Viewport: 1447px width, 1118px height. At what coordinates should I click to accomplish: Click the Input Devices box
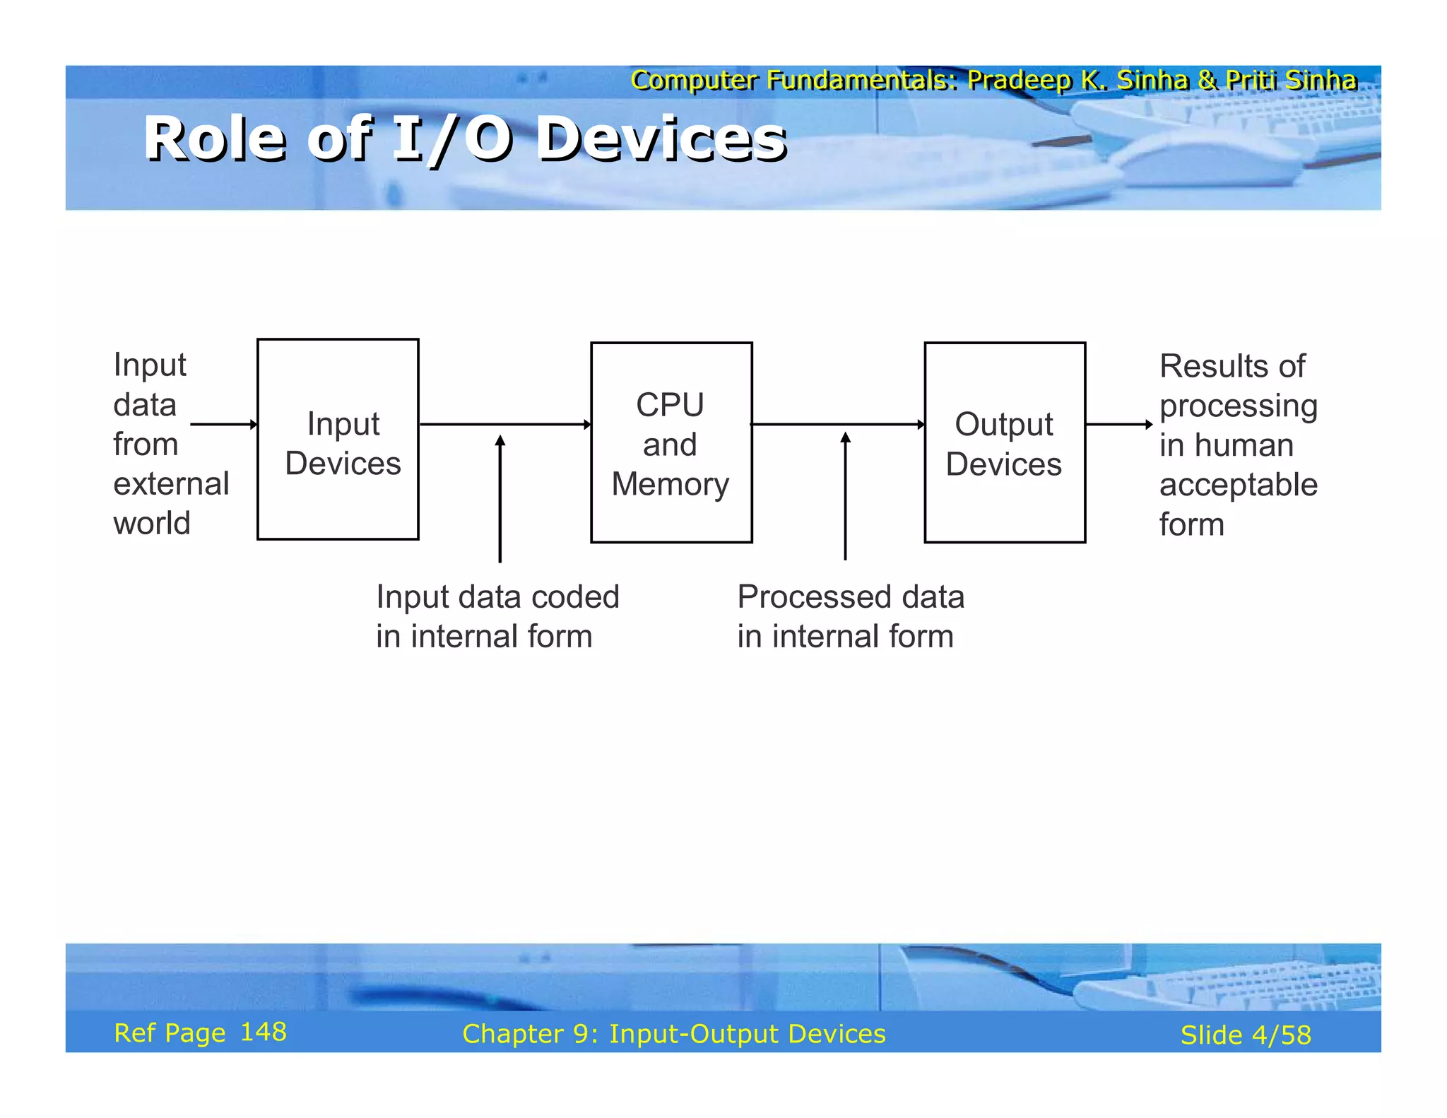[338, 440]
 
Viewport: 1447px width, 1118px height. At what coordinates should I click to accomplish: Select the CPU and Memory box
[671, 443]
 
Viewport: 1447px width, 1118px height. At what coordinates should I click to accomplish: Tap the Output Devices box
[1004, 443]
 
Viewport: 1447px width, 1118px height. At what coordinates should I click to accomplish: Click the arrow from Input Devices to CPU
[504, 424]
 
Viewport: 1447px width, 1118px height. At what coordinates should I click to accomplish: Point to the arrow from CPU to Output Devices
[837, 424]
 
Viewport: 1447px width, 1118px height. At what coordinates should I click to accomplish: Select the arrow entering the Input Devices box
[223, 424]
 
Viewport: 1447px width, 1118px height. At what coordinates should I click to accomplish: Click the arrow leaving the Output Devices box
[1118, 424]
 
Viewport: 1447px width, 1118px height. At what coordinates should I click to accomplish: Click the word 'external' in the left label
[171, 484]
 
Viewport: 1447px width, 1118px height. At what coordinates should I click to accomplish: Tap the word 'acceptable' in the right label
[1238, 486]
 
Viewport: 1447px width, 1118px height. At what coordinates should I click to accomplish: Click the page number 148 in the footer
[264, 1032]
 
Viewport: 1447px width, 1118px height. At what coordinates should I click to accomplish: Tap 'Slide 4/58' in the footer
[1245, 1035]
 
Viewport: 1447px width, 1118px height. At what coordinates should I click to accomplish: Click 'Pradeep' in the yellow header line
[1017, 80]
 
